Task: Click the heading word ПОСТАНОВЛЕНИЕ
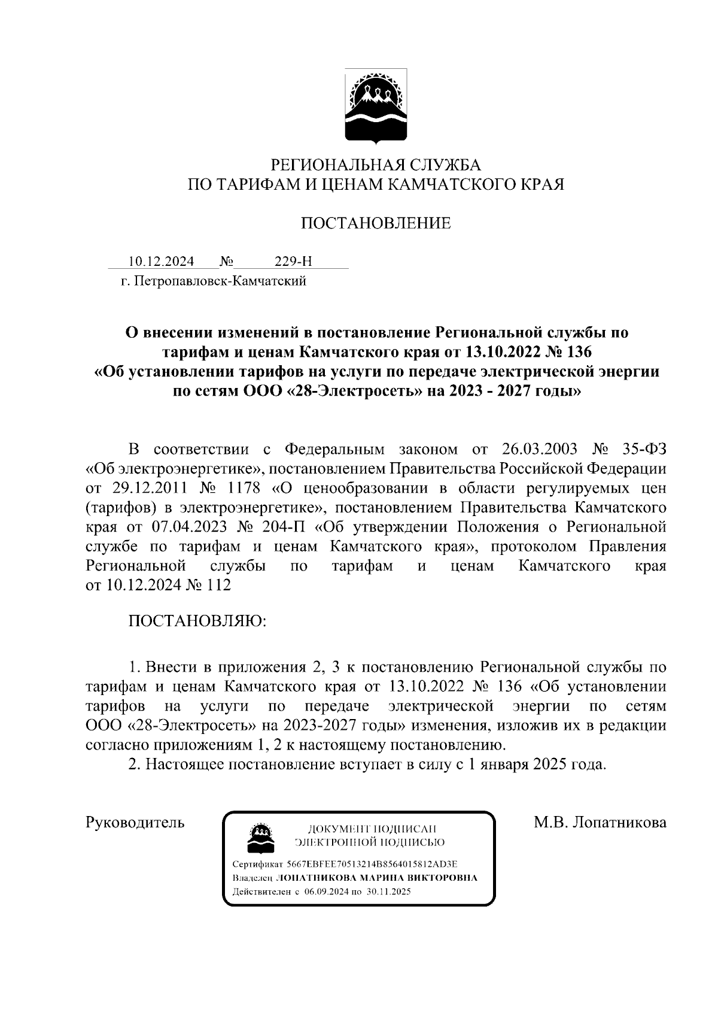pyautogui.click(x=375, y=224)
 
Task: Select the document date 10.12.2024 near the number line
pyautogui.click(x=161, y=262)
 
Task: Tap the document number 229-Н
pyautogui.click(x=293, y=262)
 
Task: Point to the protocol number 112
pyautogui.click(x=218, y=585)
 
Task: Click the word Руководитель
pyautogui.click(x=136, y=823)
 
